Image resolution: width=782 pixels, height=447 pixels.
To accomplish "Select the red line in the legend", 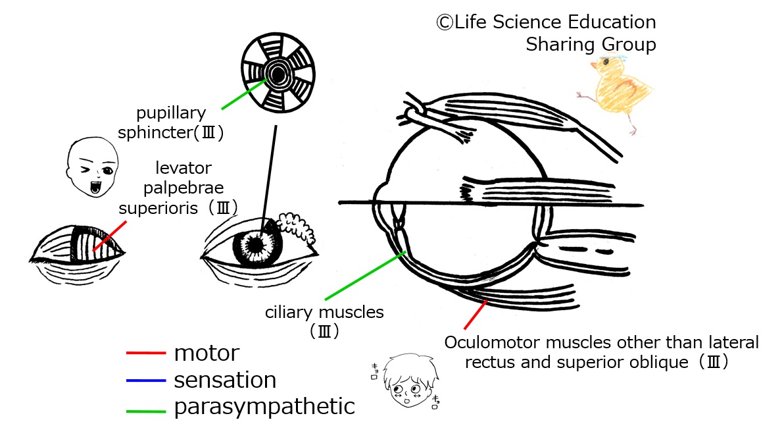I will [145, 354].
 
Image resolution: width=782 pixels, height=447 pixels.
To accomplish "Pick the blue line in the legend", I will [145, 381].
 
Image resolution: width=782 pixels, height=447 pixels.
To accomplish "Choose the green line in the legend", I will [145, 408].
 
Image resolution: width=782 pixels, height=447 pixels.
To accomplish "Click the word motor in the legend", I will [207, 354].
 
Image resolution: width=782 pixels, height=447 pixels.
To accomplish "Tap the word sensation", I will [225, 381].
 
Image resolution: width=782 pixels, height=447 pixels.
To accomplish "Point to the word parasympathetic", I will [264, 407].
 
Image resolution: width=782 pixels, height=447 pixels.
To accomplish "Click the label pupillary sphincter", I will [171, 122].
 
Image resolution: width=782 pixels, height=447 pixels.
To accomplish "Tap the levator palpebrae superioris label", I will [178, 189].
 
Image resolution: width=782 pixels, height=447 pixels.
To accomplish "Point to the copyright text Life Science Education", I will [546, 22].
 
